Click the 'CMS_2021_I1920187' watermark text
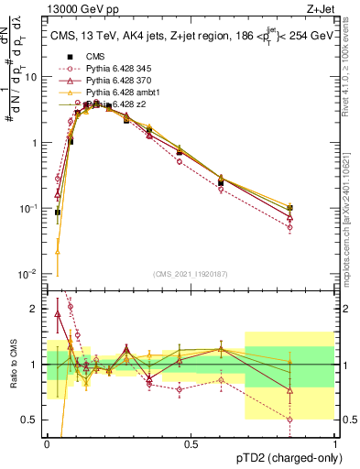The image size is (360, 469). click(x=190, y=273)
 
